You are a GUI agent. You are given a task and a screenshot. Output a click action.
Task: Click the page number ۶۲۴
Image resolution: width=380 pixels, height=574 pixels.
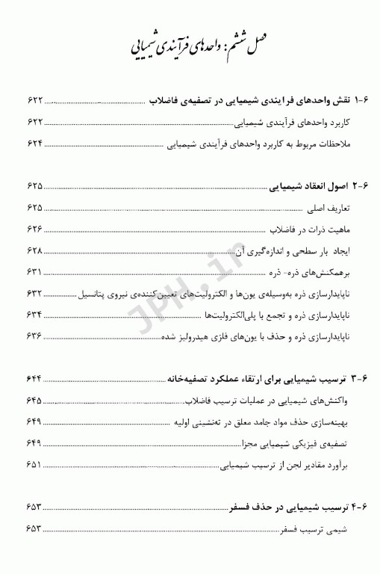[x=34, y=143]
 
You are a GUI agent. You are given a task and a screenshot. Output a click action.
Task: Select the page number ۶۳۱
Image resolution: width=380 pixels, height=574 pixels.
[x=34, y=271]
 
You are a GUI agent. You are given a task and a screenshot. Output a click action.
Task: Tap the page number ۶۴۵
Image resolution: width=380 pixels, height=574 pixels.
[x=34, y=400]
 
